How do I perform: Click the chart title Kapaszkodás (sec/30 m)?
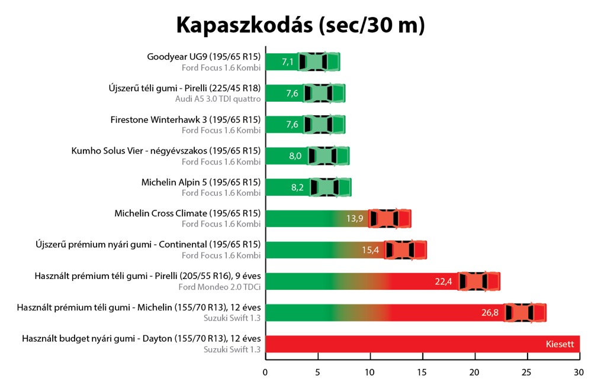(300, 25)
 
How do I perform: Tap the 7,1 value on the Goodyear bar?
(288, 61)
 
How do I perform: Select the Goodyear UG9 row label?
(204, 57)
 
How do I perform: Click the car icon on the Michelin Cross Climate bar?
(389, 218)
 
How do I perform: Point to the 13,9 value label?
(355, 219)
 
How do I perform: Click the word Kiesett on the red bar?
(560, 344)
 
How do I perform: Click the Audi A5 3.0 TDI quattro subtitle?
(218, 99)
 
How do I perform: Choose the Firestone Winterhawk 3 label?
(185, 119)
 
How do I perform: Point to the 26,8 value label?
(490, 313)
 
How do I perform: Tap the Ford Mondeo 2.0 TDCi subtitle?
(220, 287)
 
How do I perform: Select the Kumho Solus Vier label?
(166, 151)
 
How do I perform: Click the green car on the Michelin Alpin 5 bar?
(330, 187)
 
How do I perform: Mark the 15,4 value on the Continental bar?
(371, 250)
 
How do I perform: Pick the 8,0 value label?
(295, 156)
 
